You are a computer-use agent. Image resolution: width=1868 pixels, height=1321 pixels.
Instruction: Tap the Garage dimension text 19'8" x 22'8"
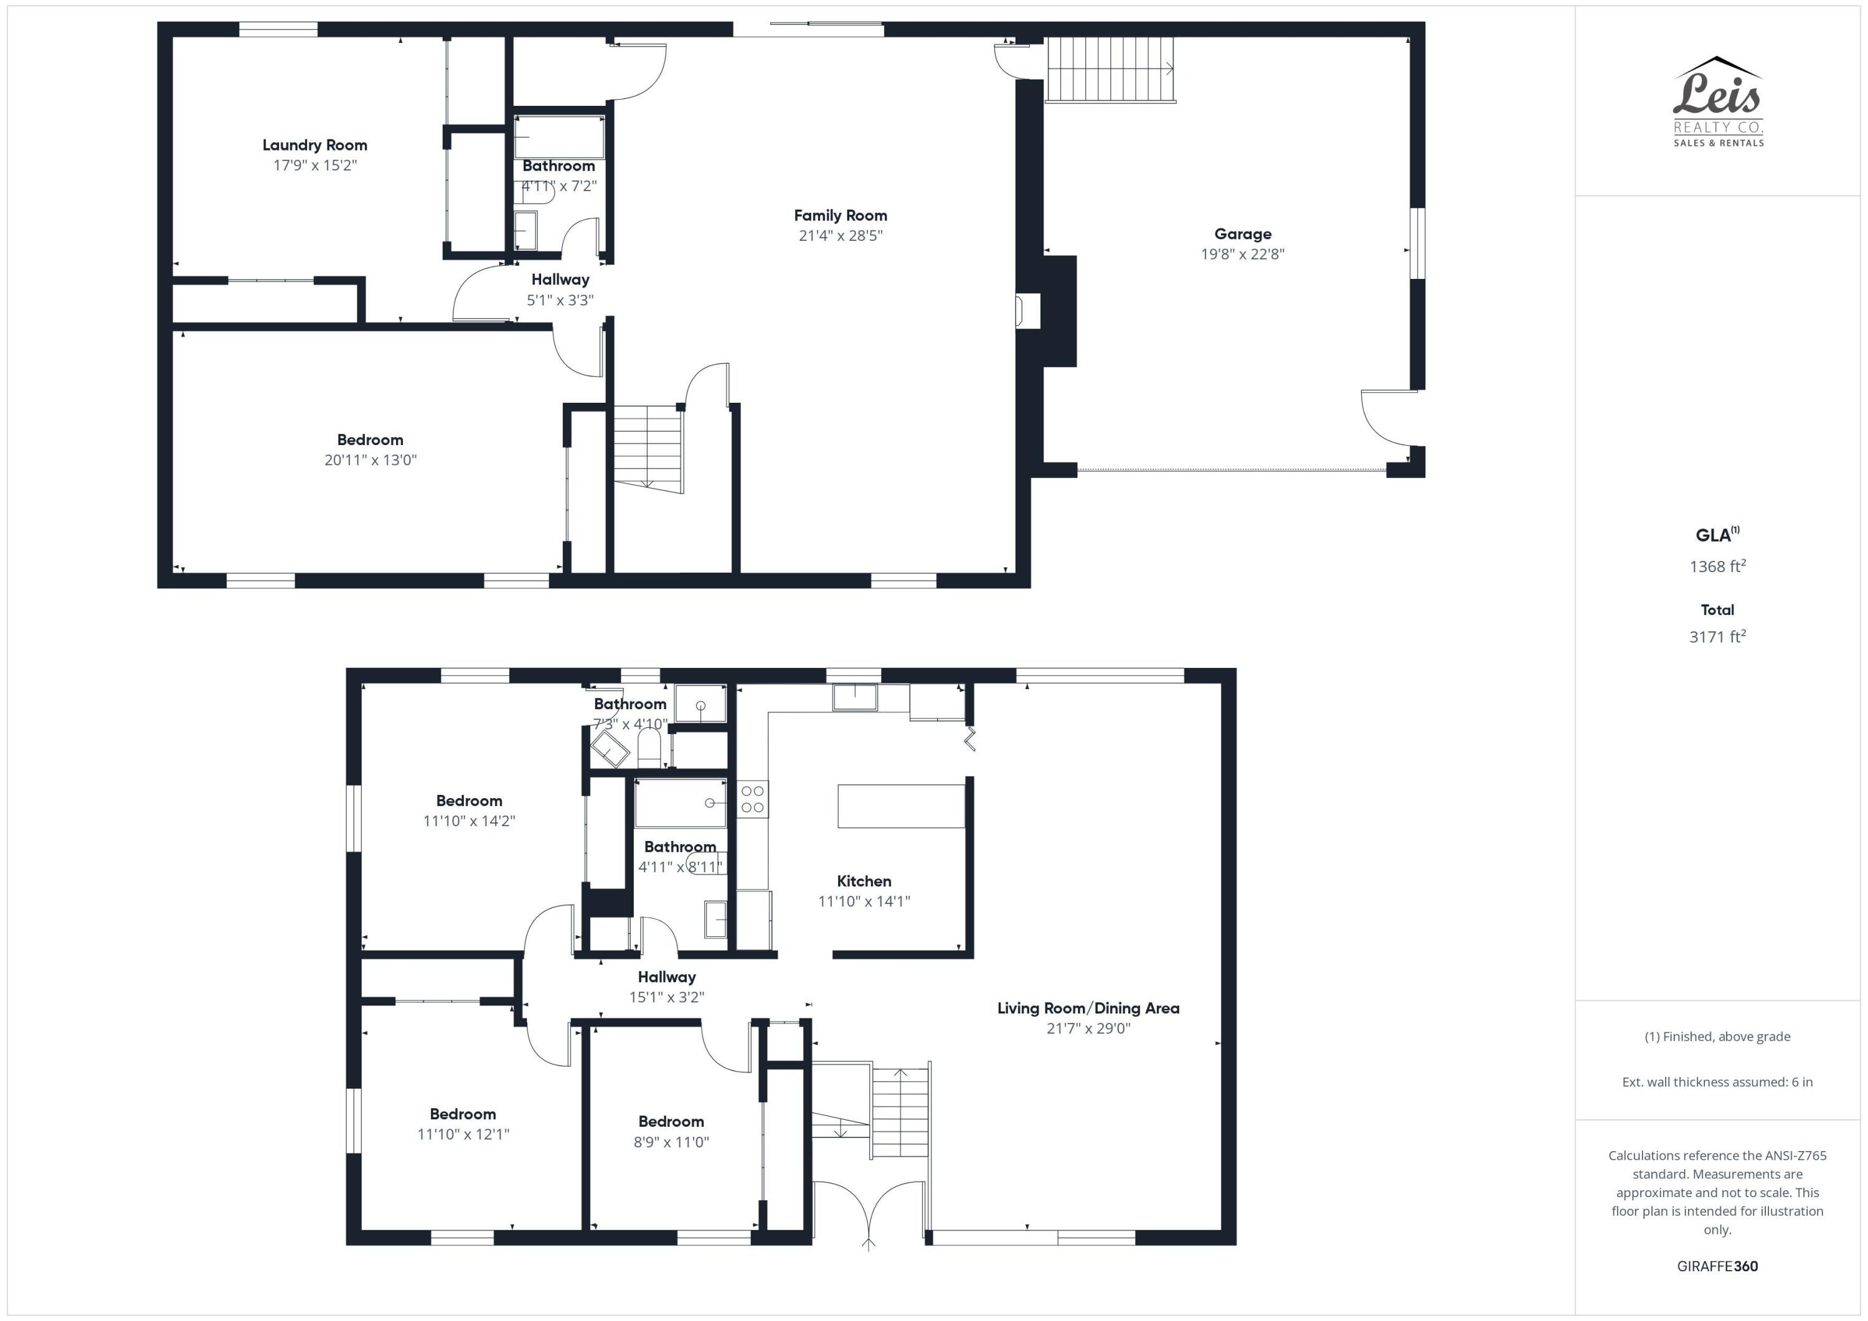click(1242, 254)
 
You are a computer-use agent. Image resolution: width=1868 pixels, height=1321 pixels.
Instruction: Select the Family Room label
click(841, 215)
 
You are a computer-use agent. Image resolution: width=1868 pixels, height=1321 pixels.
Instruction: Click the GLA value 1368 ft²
click(1717, 566)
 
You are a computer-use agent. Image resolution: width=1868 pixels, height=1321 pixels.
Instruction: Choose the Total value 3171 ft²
click(1717, 637)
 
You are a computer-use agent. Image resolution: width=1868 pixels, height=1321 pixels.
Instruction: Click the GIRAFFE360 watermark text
click(1717, 1266)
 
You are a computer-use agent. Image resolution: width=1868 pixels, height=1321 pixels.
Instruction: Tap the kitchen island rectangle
click(900, 806)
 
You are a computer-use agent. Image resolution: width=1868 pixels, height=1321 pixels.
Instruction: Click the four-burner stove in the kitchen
click(753, 799)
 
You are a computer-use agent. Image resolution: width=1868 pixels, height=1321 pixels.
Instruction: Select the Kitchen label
click(864, 881)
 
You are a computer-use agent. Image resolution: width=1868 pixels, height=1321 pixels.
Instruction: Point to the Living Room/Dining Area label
click(1088, 1008)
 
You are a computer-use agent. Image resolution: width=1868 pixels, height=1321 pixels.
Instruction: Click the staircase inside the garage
click(1110, 69)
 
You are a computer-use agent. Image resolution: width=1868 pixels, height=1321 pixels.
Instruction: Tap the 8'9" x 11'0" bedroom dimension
click(671, 1141)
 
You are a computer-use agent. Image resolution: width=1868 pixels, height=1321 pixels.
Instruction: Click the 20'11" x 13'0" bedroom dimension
click(370, 459)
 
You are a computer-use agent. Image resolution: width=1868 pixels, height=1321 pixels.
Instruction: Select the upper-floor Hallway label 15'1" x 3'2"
click(666, 977)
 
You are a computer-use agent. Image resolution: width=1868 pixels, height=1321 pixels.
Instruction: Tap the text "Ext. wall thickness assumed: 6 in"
click(1717, 1082)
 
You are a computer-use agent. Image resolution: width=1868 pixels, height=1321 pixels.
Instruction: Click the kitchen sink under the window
click(854, 697)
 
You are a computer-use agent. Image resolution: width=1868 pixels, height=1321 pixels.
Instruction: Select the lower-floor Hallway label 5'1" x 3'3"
click(560, 280)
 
